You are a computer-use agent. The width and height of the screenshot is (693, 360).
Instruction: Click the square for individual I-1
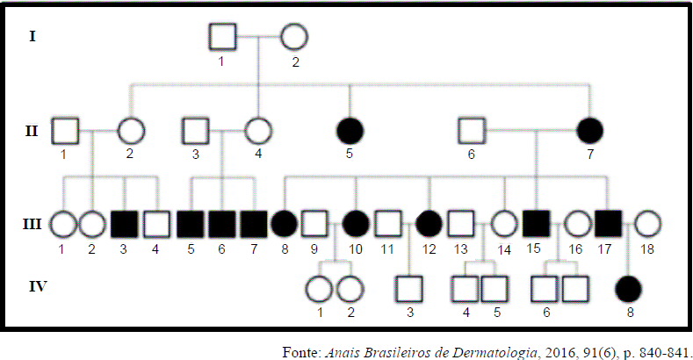[x=222, y=37]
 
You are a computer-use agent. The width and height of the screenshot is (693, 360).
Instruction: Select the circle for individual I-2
[x=294, y=37]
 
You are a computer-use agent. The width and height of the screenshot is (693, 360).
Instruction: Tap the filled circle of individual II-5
[x=350, y=131]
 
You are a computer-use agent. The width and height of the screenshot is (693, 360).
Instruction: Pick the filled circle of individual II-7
[x=590, y=131]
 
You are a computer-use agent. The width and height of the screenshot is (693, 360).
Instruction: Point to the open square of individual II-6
[x=472, y=131]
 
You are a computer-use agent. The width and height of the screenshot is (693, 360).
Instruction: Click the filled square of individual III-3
[x=124, y=225]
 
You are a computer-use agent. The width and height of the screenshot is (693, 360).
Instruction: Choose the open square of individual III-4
[x=156, y=225]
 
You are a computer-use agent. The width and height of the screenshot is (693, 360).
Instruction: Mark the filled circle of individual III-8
[x=285, y=225]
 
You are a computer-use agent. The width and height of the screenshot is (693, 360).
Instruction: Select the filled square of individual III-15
[x=537, y=224]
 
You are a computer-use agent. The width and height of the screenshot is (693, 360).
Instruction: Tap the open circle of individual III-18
[x=647, y=224]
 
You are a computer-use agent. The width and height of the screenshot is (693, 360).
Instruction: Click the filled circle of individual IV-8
[x=628, y=289]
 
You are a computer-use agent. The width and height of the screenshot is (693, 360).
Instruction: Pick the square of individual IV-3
[x=408, y=289]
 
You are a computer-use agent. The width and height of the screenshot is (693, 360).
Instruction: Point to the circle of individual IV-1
[x=319, y=290]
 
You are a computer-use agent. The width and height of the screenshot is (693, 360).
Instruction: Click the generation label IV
[x=38, y=286]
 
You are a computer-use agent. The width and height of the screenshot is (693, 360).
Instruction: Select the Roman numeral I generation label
[x=32, y=36]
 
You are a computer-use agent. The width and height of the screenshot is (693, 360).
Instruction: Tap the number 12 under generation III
[x=430, y=249]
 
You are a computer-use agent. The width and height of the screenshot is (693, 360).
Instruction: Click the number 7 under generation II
[x=590, y=155]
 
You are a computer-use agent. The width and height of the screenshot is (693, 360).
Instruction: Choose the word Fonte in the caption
[x=301, y=352]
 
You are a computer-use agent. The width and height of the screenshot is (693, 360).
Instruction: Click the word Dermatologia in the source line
[x=502, y=353]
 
